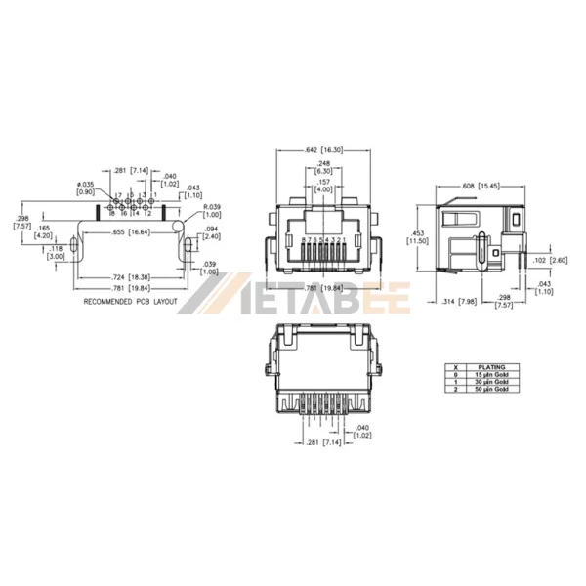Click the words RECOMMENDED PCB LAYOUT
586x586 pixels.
tap(130, 302)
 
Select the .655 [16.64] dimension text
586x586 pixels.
tap(132, 231)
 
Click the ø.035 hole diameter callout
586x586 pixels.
tap(85, 187)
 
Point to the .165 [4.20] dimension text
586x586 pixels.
tap(43, 231)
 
